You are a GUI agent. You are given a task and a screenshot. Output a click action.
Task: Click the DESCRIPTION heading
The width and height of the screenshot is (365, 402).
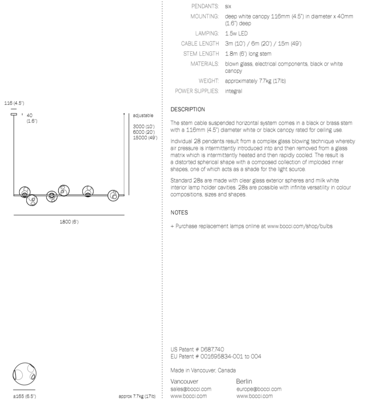pyautogui.click(x=188, y=109)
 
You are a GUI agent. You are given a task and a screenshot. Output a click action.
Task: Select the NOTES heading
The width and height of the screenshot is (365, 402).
pyautogui.click(x=179, y=213)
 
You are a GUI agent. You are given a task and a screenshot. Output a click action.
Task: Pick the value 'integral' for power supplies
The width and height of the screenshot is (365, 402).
pyautogui.click(x=234, y=91)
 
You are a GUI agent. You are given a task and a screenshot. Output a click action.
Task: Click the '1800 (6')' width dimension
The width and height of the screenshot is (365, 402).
pyautogui.click(x=69, y=222)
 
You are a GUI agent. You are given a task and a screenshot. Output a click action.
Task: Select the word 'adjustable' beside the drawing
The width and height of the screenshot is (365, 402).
pyautogui.click(x=143, y=116)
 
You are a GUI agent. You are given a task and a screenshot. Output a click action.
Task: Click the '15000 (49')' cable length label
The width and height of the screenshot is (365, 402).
pyautogui.click(x=145, y=138)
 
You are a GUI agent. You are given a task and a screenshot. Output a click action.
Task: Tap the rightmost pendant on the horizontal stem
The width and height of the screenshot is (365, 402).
pyautogui.click(x=114, y=195)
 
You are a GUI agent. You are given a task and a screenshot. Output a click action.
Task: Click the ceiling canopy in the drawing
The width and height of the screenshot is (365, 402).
pyautogui.click(x=14, y=114)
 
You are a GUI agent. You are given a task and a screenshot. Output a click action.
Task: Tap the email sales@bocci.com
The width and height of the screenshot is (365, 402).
pyautogui.click(x=191, y=389)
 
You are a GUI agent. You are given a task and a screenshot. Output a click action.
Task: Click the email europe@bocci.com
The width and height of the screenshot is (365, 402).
pyautogui.click(x=259, y=389)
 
